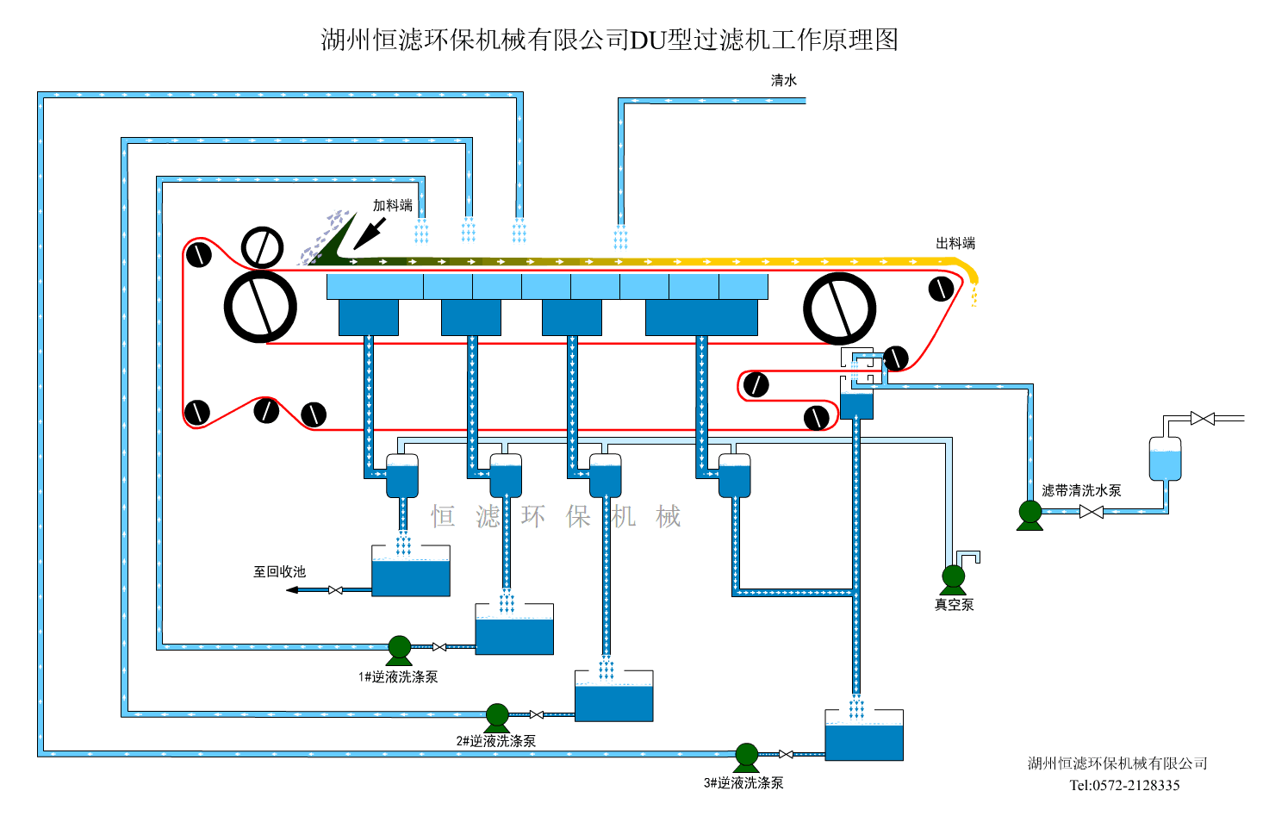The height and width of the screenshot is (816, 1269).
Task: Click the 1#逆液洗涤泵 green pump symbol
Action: tap(399, 649)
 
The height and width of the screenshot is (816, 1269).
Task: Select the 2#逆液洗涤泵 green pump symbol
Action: tap(497, 716)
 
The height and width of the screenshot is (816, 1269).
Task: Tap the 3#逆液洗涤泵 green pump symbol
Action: tap(746, 756)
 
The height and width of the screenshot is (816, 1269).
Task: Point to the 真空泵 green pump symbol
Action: tap(954, 578)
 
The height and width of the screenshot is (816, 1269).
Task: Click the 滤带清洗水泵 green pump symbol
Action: tap(1030, 514)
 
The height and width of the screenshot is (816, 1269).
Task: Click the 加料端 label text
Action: tap(392, 205)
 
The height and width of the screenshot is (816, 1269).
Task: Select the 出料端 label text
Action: tap(955, 243)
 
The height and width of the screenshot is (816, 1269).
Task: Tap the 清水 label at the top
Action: tap(784, 80)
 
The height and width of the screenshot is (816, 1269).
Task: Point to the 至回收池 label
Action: tap(279, 571)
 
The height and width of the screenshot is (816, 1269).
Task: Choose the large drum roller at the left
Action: tap(260, 307)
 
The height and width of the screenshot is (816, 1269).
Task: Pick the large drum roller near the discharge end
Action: tap(839, 308)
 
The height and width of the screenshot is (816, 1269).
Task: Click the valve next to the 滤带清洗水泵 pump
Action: tap(1091, 512)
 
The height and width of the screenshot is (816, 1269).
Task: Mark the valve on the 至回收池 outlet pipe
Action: tap(335, 590)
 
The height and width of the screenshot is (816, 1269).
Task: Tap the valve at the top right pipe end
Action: tap(1202, 419)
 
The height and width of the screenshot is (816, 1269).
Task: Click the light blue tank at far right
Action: tap(1165, 458)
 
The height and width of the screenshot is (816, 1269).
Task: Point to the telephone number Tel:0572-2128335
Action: tap(1124, 785)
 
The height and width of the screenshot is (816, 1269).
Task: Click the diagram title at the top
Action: tap(609, 40)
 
